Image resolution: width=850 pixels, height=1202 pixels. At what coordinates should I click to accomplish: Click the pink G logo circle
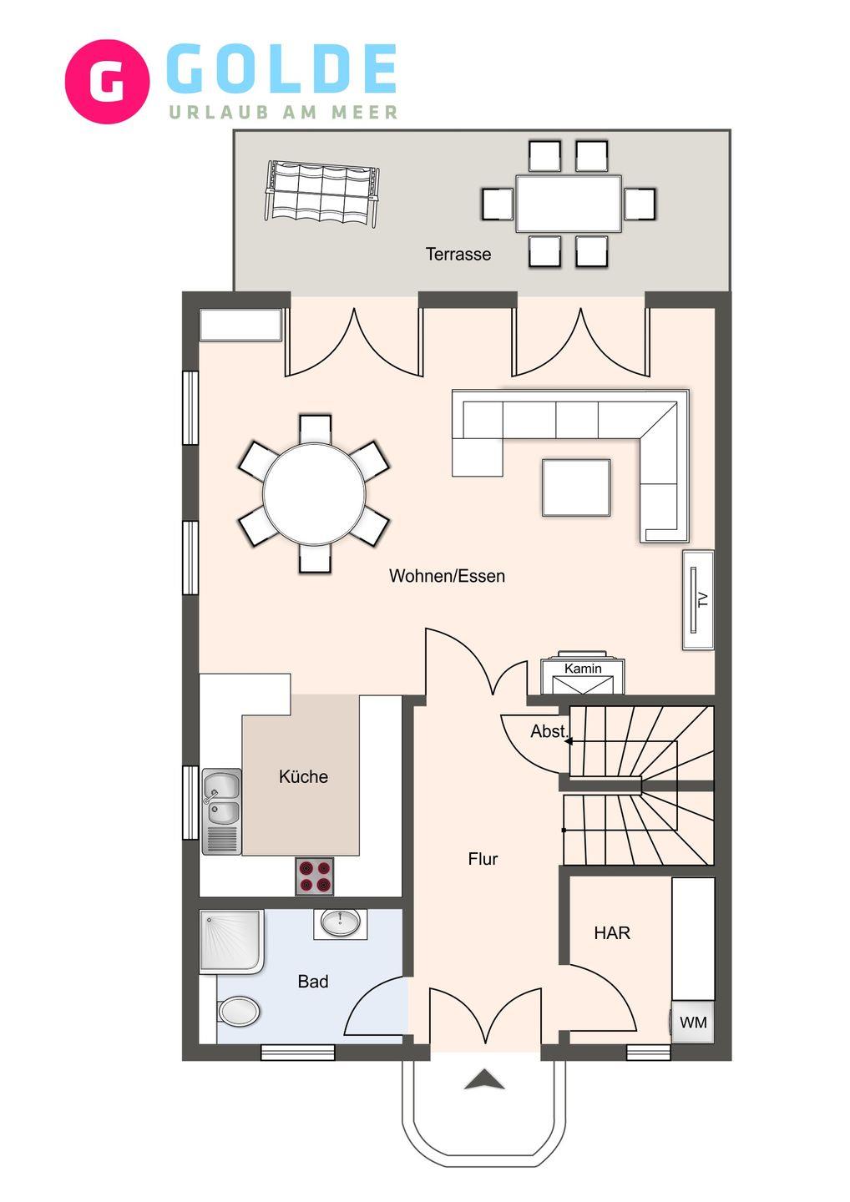tap(107, 82)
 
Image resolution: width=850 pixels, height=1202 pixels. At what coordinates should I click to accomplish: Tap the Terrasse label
tap(458, 254)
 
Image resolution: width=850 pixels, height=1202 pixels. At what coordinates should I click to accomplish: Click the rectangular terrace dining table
tap(569, 204)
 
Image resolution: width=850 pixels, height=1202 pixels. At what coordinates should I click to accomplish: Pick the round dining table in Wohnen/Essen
tap(315, 493)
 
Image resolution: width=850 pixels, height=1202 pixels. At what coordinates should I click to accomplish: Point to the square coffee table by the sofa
tap(576, 487)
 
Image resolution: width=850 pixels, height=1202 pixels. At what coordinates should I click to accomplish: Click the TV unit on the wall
tap(698, 600)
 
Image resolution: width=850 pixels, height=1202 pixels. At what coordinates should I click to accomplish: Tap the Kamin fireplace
tap(583, 674)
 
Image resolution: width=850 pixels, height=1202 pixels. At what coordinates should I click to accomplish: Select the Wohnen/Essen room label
tap(447, 576)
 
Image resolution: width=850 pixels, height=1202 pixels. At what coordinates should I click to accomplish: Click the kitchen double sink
tap(221, 811)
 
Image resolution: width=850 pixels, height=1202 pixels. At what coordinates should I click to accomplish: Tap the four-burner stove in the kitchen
tap(315, 876)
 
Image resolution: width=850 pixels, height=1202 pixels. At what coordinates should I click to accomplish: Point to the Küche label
tap(303, 776)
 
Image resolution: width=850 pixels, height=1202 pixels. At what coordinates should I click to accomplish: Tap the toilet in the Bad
tap(238, 1012)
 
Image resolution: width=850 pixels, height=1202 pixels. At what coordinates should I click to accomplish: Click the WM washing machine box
tap(693, 1022)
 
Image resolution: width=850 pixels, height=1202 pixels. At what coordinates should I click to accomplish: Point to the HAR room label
tap(612, 933)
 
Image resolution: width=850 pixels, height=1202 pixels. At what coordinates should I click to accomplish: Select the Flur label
tap(483, 859)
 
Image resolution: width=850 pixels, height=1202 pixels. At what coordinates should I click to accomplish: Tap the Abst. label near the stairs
tap(549, 731)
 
